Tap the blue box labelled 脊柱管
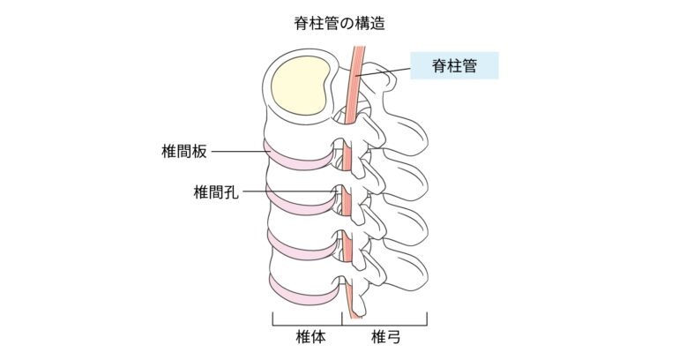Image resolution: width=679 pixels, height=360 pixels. coord(454,66)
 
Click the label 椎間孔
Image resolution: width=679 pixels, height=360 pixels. coord(215,191)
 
